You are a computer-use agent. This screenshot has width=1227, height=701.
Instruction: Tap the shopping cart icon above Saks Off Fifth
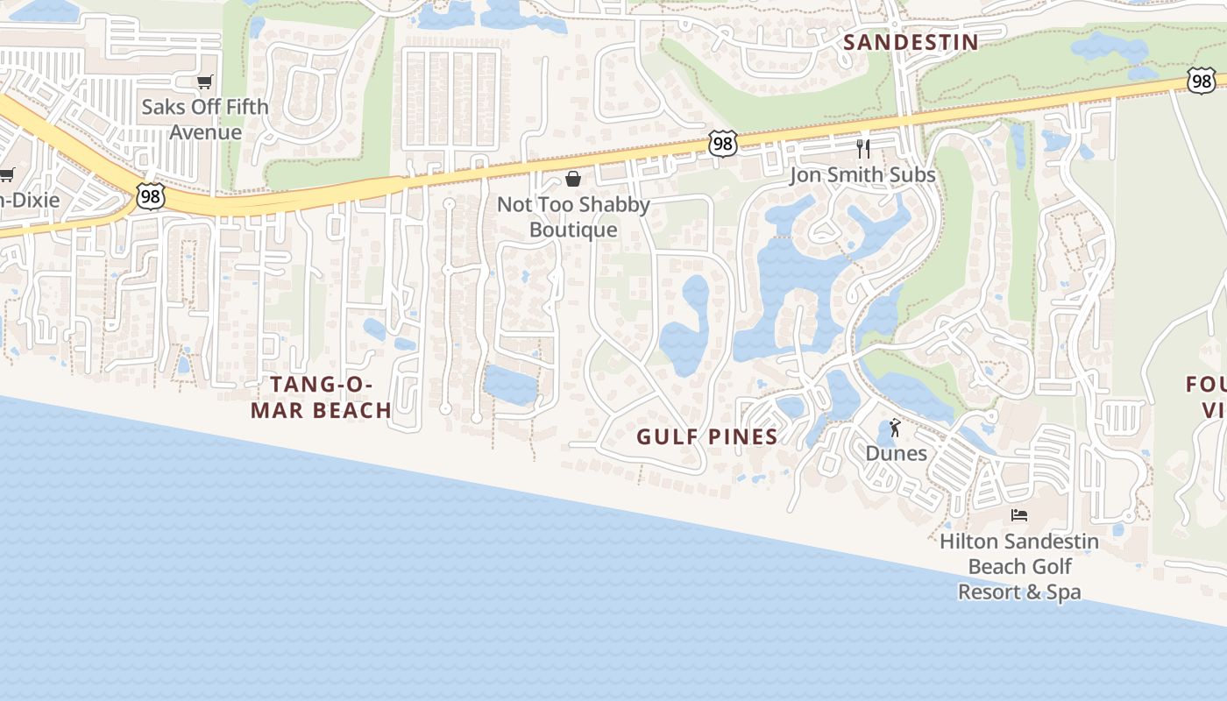pos(204,82)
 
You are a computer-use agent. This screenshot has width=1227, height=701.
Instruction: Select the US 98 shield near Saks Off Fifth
pos(150,196)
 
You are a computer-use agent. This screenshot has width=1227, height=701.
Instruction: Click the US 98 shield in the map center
pos(722,145)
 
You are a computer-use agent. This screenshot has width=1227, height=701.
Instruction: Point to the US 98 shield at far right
pos(1202,81)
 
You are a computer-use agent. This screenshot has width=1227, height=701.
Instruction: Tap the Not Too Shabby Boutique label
pos(573,217)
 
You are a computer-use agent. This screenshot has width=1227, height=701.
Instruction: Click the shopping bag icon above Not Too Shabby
pos(573,179)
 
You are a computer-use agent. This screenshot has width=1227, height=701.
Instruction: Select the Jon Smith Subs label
pos(862,174)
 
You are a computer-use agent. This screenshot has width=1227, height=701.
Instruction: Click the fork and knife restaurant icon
pos(863,147)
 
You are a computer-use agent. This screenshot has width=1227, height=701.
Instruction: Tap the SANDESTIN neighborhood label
pos(911,42)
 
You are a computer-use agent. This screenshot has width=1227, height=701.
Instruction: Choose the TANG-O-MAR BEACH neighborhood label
pos(321,397)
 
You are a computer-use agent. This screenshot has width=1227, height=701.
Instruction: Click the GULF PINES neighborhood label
pos(706,436)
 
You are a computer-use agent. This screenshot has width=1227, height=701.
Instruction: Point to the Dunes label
pos(896,453)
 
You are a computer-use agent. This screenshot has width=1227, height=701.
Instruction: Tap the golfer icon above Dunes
pos(895,428)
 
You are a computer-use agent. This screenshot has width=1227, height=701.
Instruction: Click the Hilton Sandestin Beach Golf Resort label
pos(1018,566)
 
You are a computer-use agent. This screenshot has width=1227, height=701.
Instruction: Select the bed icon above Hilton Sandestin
pos(1018,515)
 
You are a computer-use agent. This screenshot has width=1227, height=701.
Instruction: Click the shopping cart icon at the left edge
pos(7,174)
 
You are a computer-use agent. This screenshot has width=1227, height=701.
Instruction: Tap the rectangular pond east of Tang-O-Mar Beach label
pos(510,386)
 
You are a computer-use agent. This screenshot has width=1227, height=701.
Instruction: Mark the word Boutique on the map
pos(573,230)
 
